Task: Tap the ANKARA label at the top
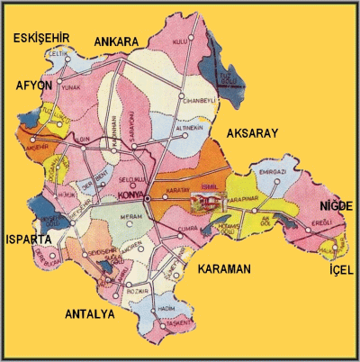click(x=114, y=41)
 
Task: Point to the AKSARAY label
click(x=252, y=132)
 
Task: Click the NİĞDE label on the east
click(x=333, y=206)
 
